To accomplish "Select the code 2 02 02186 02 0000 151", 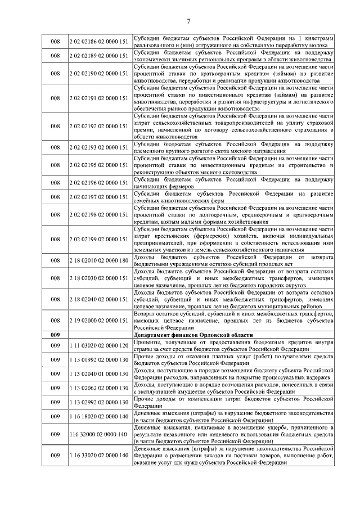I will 98,41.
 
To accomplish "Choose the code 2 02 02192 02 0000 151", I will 98,127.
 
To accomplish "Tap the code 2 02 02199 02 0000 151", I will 98,238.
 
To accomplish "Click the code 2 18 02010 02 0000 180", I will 98,260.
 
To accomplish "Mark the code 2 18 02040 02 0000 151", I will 98,299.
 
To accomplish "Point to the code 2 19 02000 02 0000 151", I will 98,320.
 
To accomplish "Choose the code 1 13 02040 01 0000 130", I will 98,373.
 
